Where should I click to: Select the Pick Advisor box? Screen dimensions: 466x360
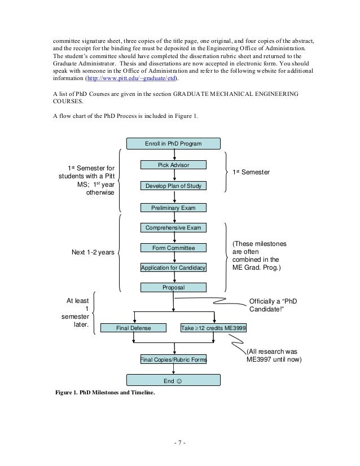tap(173, 165)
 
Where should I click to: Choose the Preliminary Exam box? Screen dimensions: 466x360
tap(173, 208)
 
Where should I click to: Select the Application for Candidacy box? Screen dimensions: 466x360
tap(173, 267)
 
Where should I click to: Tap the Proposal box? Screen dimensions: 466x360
tap(173, 288)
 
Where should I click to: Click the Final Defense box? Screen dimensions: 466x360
tap(134, 327)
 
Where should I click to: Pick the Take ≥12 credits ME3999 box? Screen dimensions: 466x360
tap(213, 327)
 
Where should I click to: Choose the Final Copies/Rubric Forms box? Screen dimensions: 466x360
tap(173, 359)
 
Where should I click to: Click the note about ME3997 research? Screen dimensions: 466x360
tap(274, 355)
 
